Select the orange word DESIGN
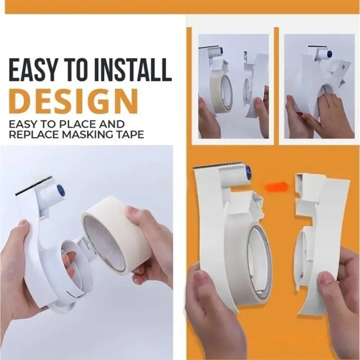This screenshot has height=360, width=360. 74,101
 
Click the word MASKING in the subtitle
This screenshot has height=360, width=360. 90,134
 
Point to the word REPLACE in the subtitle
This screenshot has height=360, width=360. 34,134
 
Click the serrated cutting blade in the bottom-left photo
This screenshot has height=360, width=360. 33,186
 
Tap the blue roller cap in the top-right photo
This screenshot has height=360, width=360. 329,54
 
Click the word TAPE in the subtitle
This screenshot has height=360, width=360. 133,134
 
